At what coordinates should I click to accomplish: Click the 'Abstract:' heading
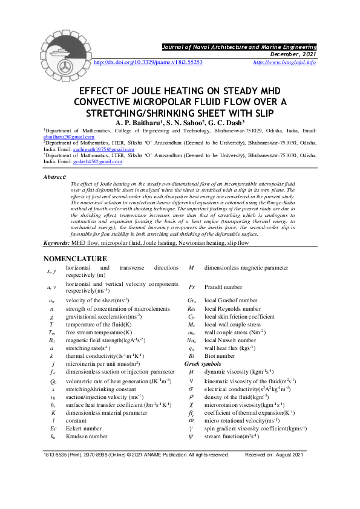(x=54, y=177)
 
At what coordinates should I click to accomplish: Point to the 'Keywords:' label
(x=56, y=243)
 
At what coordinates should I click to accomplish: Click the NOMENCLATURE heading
(x=78, y=258)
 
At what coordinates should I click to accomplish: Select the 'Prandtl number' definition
(x=223, y=287)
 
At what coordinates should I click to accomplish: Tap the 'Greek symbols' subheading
(x=203, y=364)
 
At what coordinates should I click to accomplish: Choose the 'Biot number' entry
(x=221, y=356)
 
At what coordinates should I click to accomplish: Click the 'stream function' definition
(x=232, y=435)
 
